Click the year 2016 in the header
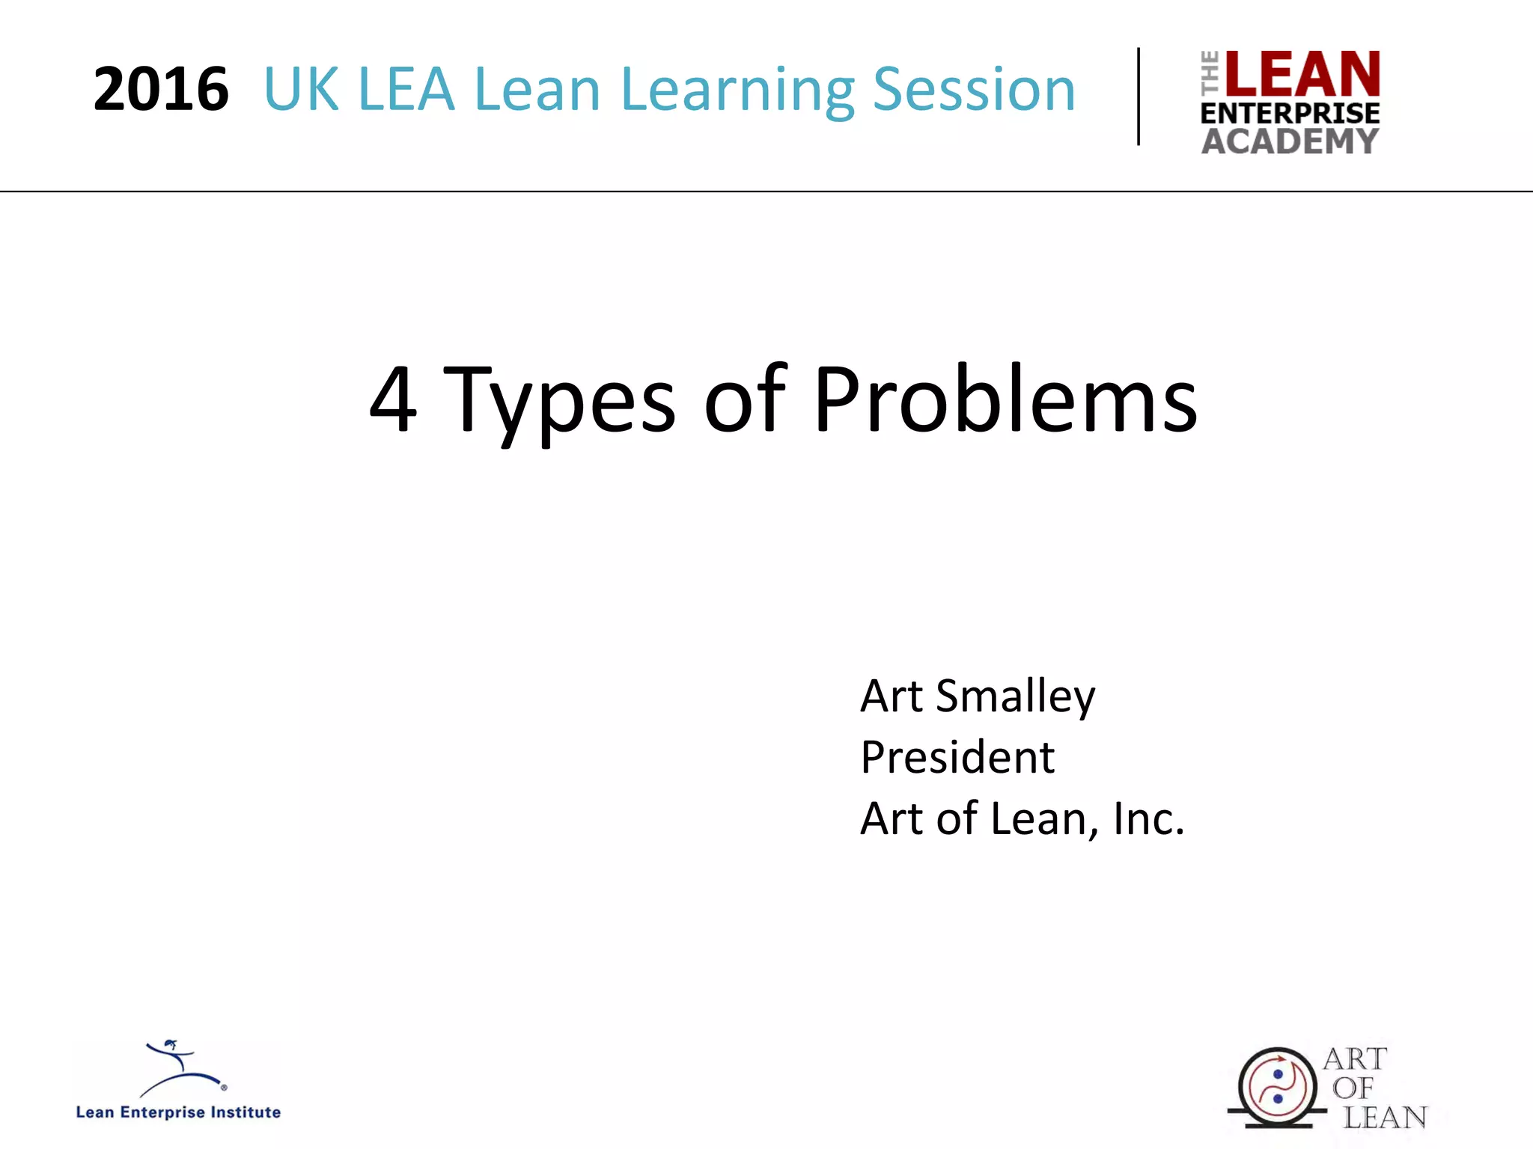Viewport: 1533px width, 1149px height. point(161,90)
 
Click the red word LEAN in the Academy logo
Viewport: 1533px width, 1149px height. point(1302,74)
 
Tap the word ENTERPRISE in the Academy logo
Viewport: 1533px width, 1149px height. point(1290,114)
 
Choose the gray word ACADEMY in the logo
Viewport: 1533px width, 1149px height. point(1290,141)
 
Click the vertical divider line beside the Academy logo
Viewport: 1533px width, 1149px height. point(1139,96)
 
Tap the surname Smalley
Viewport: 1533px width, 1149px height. point(1015,698)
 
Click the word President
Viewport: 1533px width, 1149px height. point(957,757)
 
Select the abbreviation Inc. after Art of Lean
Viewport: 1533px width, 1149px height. point(1148,818)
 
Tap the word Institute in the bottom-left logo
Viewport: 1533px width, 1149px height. point(245,1112)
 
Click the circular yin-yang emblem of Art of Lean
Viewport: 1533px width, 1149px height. point(1277,1087)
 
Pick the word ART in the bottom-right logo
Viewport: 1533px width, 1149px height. point(1355,1059)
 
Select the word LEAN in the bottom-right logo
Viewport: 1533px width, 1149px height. point(1385,1118)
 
